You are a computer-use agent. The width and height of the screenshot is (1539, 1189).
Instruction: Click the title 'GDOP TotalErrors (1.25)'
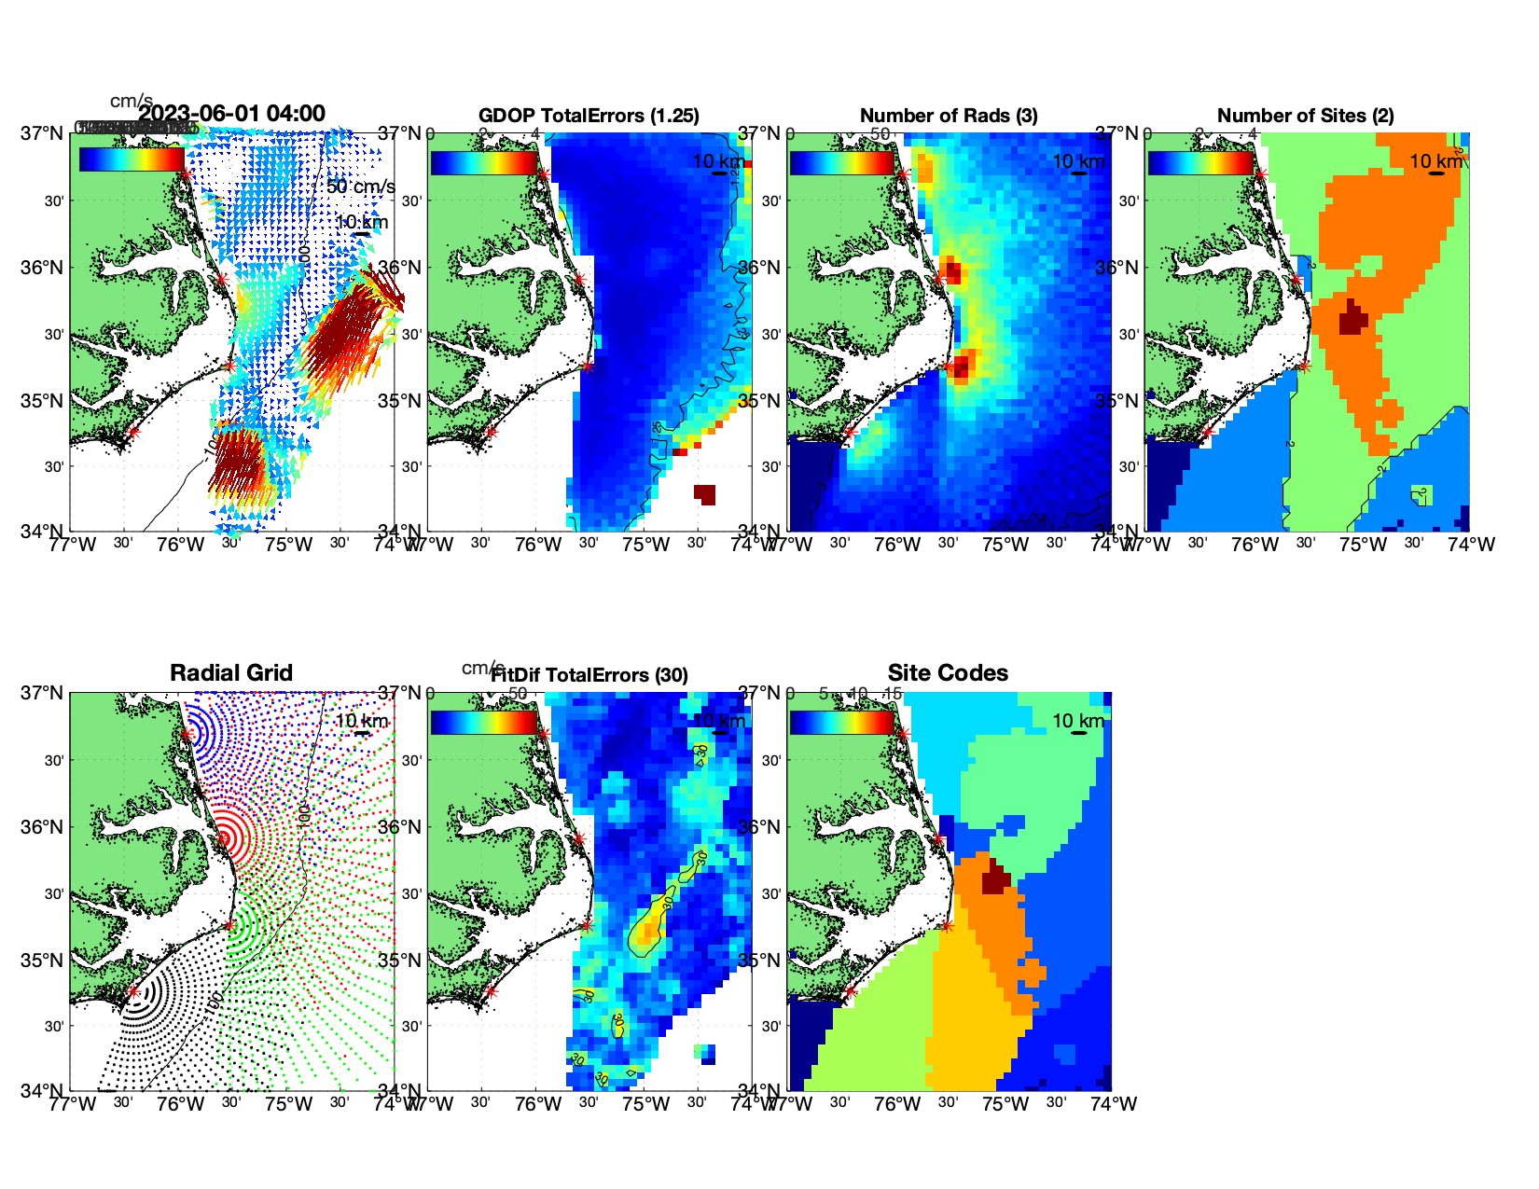589,116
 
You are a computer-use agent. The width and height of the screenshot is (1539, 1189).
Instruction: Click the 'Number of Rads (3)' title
949,116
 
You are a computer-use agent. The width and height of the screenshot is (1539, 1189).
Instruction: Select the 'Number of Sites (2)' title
1305,116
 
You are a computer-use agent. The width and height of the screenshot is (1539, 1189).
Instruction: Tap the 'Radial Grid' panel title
231,673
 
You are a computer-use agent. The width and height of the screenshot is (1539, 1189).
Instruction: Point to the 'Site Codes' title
948,673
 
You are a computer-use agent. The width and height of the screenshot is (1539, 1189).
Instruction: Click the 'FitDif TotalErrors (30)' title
589,675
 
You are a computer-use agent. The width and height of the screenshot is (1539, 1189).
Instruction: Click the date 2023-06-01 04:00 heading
232,114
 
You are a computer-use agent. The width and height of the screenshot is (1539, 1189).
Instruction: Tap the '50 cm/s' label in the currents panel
360,187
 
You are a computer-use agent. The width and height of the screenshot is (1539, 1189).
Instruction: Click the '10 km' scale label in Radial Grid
361,721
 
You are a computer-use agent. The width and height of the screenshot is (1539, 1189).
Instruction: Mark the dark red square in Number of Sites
1352,319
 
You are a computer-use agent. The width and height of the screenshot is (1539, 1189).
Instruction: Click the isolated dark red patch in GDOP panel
705,494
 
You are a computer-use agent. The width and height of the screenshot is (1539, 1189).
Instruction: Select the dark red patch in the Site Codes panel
996,878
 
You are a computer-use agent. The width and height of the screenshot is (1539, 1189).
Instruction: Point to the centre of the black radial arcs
133,992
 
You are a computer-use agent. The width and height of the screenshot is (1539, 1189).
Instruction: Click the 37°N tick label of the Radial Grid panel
42,693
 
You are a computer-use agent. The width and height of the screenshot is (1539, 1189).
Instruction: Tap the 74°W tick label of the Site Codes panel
1114,1104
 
